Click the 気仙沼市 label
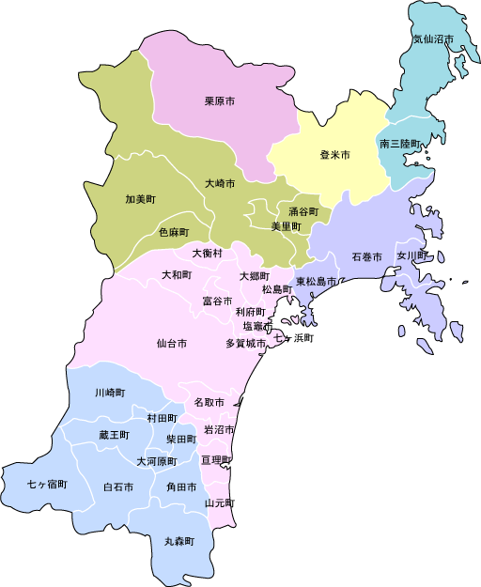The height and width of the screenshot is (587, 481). coord(433,39)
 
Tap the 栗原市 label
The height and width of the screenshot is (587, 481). coord(219,100)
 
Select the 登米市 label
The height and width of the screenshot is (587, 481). coord(334,154)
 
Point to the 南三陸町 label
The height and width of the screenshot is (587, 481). coord(400,145)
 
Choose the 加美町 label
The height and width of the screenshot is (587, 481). coord(140,199)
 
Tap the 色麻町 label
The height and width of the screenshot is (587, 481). coord(173,231)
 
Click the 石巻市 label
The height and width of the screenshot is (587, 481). coord(366,256)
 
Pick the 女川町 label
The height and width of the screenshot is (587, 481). coord(411,255)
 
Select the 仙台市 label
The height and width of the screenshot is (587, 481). coord(172,344)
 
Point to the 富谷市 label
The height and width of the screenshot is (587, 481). coord(218,301)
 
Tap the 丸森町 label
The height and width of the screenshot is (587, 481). coord(178,542)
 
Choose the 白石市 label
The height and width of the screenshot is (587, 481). coord(117,487)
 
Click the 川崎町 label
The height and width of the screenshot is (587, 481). coord(109,393)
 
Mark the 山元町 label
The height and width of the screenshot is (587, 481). coord(220,503)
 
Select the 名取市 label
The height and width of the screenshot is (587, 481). coord(209,402)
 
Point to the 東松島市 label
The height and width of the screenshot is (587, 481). coord(317,282)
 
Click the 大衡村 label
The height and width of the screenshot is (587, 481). coord(208,253)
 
